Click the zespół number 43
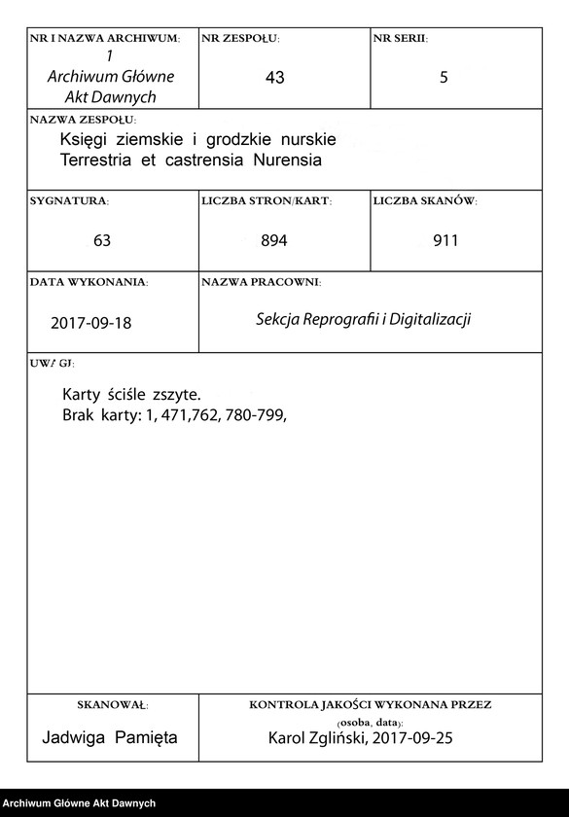274,78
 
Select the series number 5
444,78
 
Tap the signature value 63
102,240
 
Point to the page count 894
274,240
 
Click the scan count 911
445,240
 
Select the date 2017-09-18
90,322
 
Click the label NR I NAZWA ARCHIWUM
105,38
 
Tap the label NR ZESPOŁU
240,38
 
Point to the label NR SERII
401,38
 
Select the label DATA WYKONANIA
89,281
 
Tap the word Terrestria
96,159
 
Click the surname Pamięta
146,738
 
